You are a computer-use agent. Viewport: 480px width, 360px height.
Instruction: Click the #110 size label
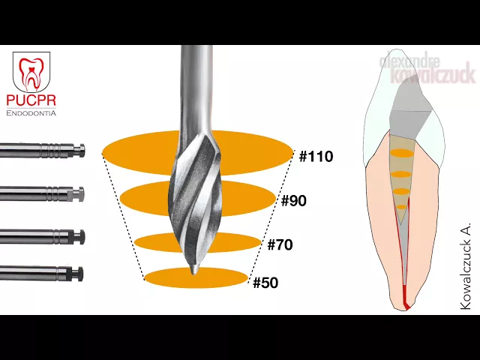coord(316,157)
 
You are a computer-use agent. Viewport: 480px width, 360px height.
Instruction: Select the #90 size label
coord(294,201)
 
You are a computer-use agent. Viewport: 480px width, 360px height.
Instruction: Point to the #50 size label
coord(266,283)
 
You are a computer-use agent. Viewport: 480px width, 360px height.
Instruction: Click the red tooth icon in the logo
coord(31,72)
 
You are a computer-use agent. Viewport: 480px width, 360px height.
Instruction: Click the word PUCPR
coord(31,100)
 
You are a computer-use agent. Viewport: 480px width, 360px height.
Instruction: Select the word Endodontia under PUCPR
coord(31,113)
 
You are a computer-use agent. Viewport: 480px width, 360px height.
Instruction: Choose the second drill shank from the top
coord(41,195)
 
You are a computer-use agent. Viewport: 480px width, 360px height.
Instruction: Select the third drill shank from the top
coord(41,237)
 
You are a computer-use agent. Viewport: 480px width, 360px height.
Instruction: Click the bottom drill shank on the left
coord(41,273)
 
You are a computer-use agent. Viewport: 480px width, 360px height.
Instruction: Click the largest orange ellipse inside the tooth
coord(402,153)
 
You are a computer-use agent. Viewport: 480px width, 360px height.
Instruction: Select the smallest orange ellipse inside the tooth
coord(401,205)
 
